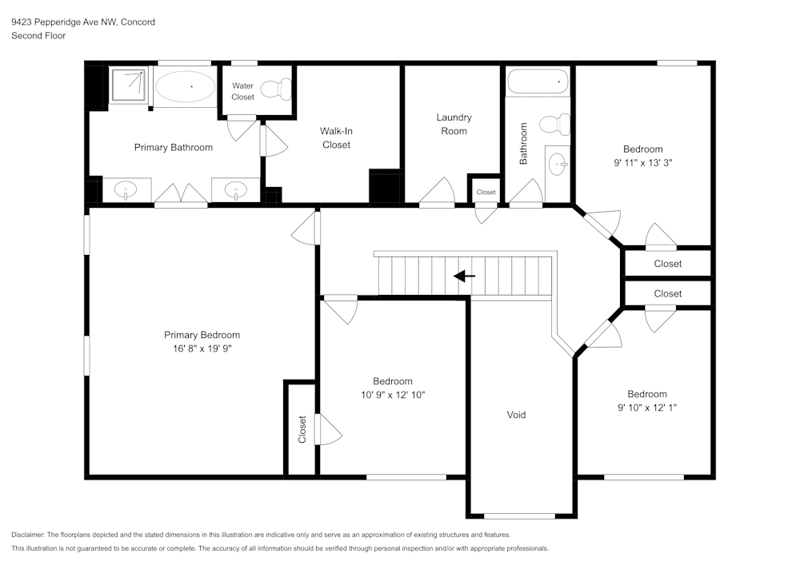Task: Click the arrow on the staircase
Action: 464,277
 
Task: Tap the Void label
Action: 516,415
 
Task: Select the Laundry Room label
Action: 454,124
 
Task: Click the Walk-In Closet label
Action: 336,137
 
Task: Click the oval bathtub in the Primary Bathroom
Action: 184,86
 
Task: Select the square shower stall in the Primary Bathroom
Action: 128,85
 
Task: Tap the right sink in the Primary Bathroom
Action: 234,190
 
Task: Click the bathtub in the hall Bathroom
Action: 538,82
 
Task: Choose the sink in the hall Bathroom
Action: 558,164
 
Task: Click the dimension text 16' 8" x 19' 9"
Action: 202,348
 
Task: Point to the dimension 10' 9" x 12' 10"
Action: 393,395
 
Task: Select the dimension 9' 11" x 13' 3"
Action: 643,162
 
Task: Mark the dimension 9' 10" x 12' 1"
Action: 646,408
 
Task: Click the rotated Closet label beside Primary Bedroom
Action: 302,429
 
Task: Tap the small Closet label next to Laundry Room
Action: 486,193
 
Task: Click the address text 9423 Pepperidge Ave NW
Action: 65,22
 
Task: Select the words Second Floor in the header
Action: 38,36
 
